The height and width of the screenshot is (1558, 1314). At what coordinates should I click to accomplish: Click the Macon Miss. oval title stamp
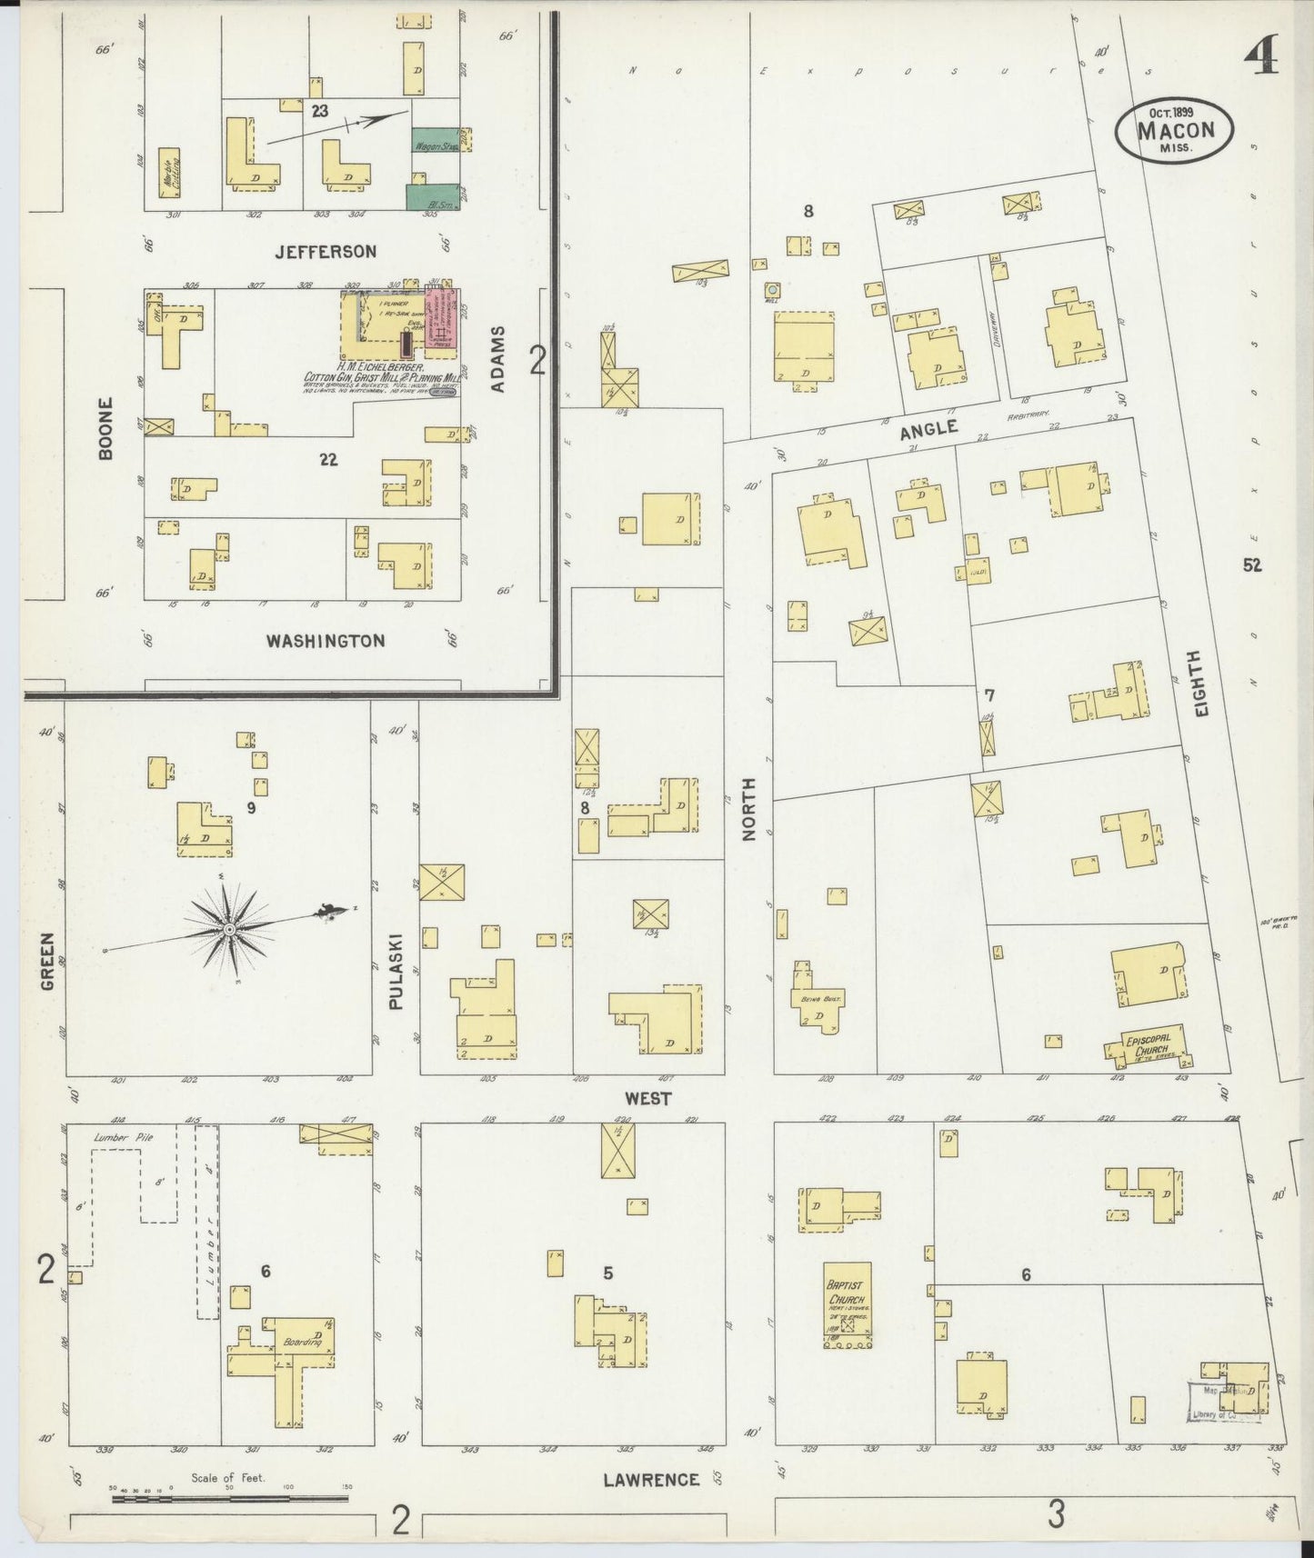[1175, 130]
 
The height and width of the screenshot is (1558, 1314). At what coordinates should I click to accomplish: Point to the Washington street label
[325, 641]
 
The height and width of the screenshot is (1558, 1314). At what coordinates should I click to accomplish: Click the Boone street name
[105, 427]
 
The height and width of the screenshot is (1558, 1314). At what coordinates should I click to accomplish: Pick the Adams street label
[497, 360]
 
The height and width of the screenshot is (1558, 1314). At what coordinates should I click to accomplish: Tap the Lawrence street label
[651, 1480]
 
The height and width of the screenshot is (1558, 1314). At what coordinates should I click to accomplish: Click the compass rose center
[229, 929]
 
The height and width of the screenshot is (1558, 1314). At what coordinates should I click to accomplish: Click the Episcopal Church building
[1150, 1048]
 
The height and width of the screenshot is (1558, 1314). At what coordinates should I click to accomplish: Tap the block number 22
[328, 460]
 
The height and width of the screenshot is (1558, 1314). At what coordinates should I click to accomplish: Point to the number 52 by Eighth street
[1252, 565]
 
